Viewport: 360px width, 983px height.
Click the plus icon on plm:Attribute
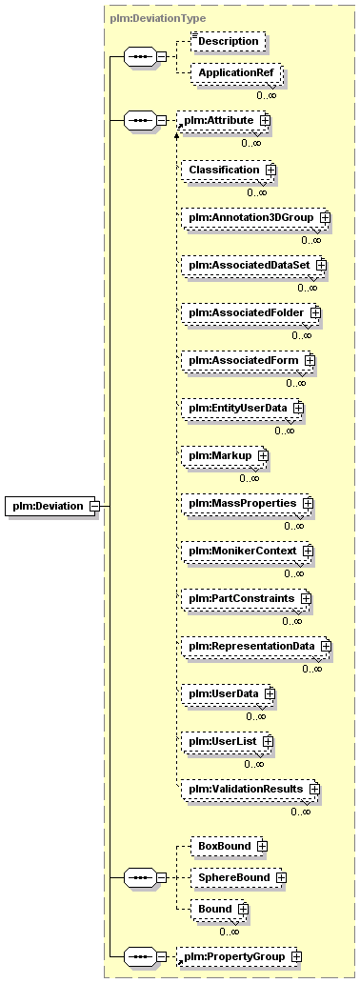click(x=265, y=120)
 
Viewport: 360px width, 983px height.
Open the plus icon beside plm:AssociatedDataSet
click(x=321, y=265)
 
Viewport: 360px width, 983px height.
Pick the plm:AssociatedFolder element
click(x=250, y=312)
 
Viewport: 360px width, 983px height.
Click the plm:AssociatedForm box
click(x=247, y=360)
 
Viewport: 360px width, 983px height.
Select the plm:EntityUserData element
click(x=242, y=408)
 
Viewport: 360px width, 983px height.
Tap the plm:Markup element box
click(x=223, y=455)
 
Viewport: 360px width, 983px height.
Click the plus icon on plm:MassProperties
click(x=308, y=503)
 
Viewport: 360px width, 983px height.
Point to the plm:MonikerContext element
click(x=247, y=551)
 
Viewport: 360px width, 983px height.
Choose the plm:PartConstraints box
click(x=245, y=598)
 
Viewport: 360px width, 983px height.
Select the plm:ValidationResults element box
click(x=250, y=788)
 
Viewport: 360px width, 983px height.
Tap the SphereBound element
click(x=238, y=877)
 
